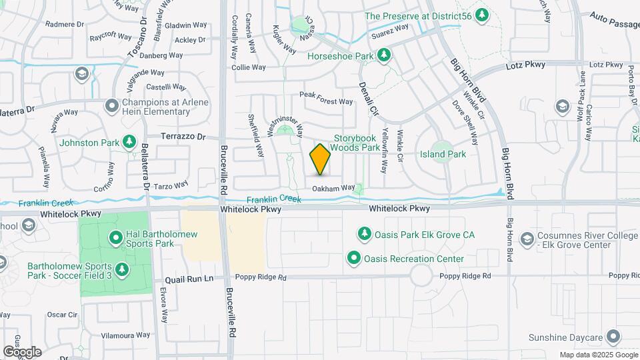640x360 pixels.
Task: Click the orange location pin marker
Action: click(x=321, y=159)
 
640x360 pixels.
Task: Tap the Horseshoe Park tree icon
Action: click(x=383, y=55)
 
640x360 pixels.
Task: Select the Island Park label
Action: click(x=443, y=154)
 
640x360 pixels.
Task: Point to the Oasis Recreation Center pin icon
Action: click(x=354, y=257)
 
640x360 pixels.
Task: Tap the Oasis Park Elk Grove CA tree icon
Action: click(x=364, y=233)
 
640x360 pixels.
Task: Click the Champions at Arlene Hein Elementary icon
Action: click(x=112, y=106)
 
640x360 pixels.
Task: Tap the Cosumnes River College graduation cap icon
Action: click(x=527, y=239)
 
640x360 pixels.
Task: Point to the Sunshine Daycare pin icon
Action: click(x=614, y=337)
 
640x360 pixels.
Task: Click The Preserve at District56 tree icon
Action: click(x=481, y=15)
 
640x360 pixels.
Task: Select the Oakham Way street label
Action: click(x=333, y=189)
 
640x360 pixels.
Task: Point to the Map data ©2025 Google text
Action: click(x=598, y=355)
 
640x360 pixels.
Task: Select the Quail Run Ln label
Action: click(x=189, y=279)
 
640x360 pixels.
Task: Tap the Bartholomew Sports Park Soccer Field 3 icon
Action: click(x=121, y=269)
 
